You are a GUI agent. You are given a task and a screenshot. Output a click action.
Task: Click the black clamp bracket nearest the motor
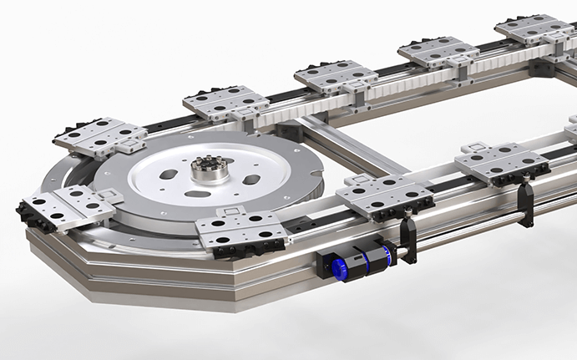point(408,239)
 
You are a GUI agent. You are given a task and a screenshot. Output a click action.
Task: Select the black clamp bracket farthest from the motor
point(524,205)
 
